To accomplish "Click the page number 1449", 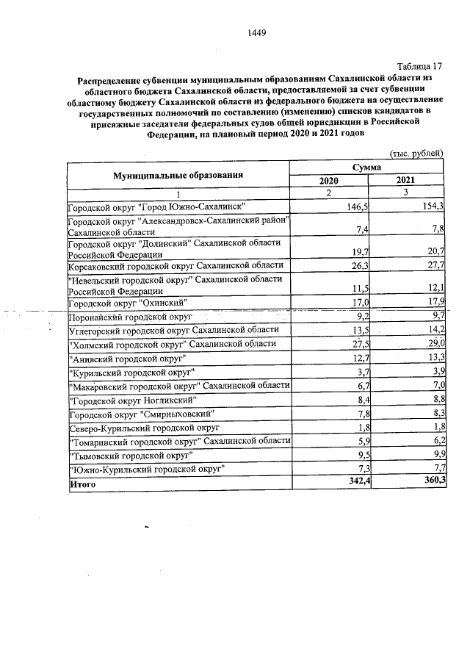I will [256, 32].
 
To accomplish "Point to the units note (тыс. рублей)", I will [416, 153].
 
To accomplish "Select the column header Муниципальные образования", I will [178, 175].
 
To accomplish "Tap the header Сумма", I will [368, 168].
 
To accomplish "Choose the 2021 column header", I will [405, 180].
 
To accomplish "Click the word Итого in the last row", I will [82, 485].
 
